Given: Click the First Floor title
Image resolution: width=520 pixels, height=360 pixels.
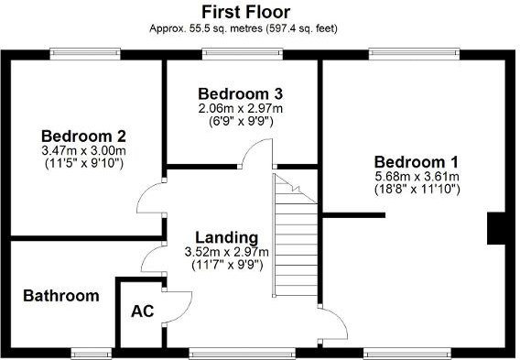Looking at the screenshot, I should [x=245, y=12].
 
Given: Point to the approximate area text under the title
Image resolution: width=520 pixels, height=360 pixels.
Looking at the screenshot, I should [x=244, y=28].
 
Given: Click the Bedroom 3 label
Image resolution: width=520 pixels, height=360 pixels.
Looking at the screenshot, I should [x=240, y=93].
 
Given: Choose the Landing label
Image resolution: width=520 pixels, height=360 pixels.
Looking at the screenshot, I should [x=227, y=237].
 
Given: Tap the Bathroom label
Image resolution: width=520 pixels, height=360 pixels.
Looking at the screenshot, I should [x=60, y=296].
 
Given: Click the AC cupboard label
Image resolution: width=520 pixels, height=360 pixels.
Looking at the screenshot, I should [x=142, y=311].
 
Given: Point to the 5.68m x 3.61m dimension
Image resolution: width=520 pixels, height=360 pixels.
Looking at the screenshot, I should [x=417, y=176].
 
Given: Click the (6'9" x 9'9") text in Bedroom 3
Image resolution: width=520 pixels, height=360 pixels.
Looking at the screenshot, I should [x=241, y=121].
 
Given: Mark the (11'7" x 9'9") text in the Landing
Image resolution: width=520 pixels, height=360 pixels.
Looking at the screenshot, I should [x=227, y=265].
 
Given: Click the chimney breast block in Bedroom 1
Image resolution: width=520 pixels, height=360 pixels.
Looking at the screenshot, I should [x=498, y=228].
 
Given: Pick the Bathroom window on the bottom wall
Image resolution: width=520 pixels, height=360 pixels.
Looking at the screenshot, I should [x=87, y=351].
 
